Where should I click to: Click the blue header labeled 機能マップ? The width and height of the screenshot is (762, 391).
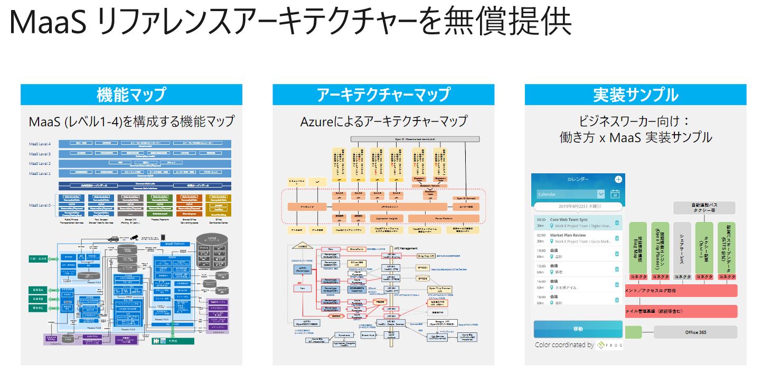tap(131, 95)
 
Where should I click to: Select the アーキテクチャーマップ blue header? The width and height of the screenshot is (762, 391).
tap(383, 95)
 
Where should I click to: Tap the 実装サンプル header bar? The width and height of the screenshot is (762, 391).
tap(635, 95)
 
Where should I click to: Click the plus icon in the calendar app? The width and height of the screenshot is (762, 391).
tap(618, 179)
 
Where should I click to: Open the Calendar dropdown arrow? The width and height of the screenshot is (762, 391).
tap(600, 194)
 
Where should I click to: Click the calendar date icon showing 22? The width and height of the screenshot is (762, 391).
tap(615, 194)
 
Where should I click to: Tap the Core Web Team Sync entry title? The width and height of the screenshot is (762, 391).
tap(569, 219)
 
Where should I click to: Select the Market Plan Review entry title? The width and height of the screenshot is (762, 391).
tap(568, 235)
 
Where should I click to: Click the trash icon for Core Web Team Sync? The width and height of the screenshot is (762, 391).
tap(616, 224)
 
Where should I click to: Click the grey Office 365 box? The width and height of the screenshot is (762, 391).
tap(695, 332)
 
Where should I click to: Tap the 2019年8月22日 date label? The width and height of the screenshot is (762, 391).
tap(578, 207)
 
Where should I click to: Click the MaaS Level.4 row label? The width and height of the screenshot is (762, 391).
tap(40, 144)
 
